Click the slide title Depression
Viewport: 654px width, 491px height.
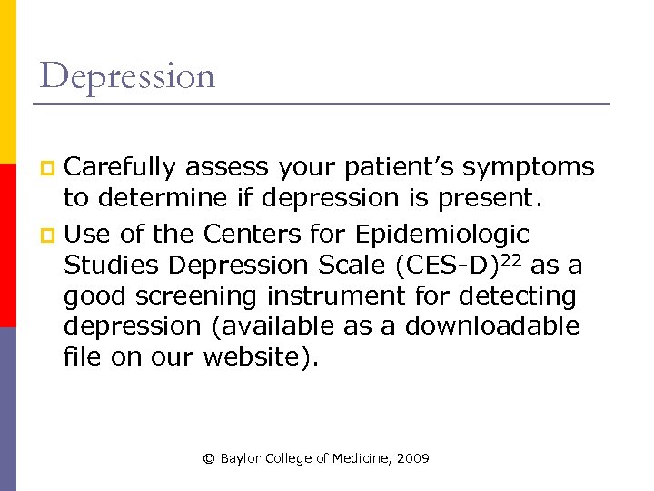(x=127, y=75)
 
